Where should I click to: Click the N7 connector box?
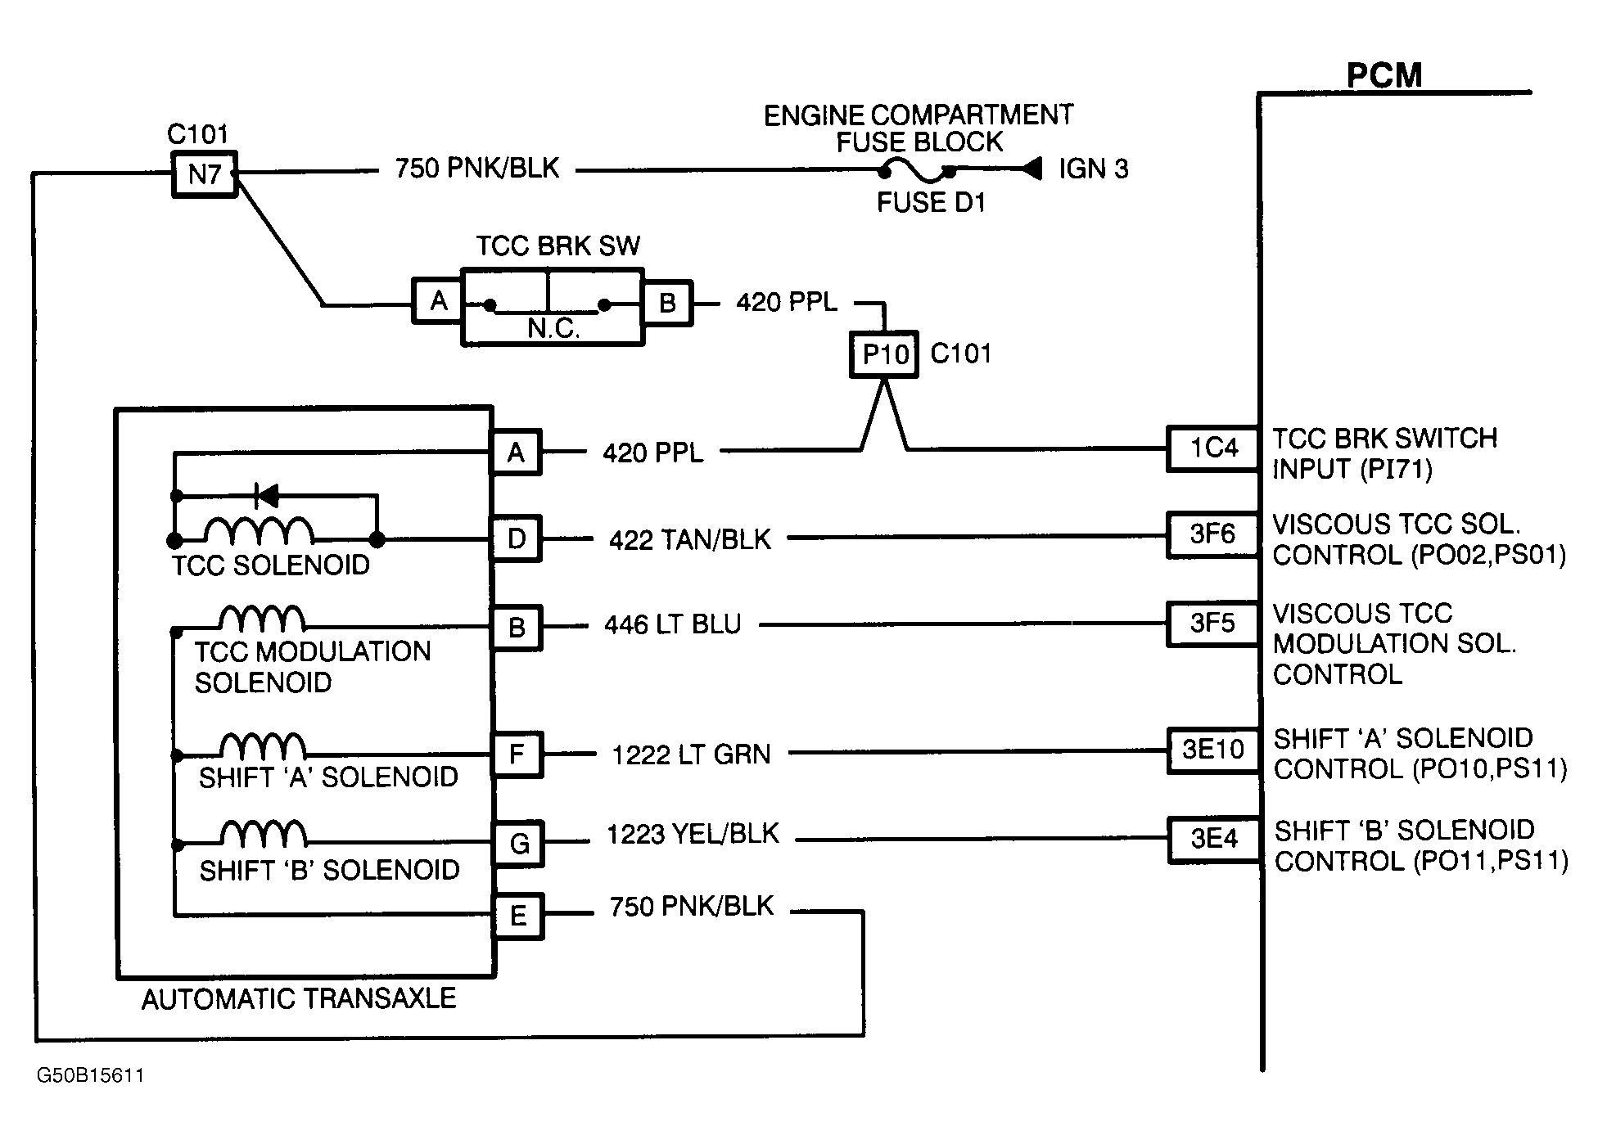(204, 173)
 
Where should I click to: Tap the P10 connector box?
(884, 354)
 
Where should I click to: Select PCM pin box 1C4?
(1212, 448)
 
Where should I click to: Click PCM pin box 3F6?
(1212, 534)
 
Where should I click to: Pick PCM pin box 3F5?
(1212, 624)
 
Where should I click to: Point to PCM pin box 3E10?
(1212, 750)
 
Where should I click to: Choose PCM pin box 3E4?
(1212, 839)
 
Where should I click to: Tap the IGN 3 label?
(1093, 169)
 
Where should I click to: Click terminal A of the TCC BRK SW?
(438, 301)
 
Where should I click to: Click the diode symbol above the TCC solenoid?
(267, 495)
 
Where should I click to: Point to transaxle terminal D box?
(517, 538)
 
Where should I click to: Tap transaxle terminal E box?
(518, 916)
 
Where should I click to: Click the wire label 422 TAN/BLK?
(689, 540)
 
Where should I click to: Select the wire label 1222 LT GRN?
(691, 754)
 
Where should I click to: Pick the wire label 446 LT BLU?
(672, 625)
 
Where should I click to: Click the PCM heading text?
(1384, 76)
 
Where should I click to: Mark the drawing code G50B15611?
(90, 1075)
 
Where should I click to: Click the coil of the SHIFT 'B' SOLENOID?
(264, 834)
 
